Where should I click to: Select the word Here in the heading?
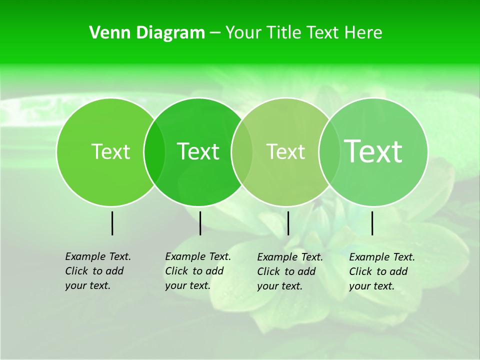(x=364, y=33)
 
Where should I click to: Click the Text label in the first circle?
(x=111, y=151)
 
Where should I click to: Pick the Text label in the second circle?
(x=198, y=151)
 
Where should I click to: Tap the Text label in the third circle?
(x=286, y=151)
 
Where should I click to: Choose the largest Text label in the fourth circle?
(x=373, y=151)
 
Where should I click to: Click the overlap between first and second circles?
(x=154, y=151)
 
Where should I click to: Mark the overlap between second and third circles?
(x=242, y=151)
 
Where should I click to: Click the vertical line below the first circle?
(x=112, y=223)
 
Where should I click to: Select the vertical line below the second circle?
(x=200, y=223)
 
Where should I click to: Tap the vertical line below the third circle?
(x=288, y=223)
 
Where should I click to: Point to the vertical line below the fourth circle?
(x=372, y=223)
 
